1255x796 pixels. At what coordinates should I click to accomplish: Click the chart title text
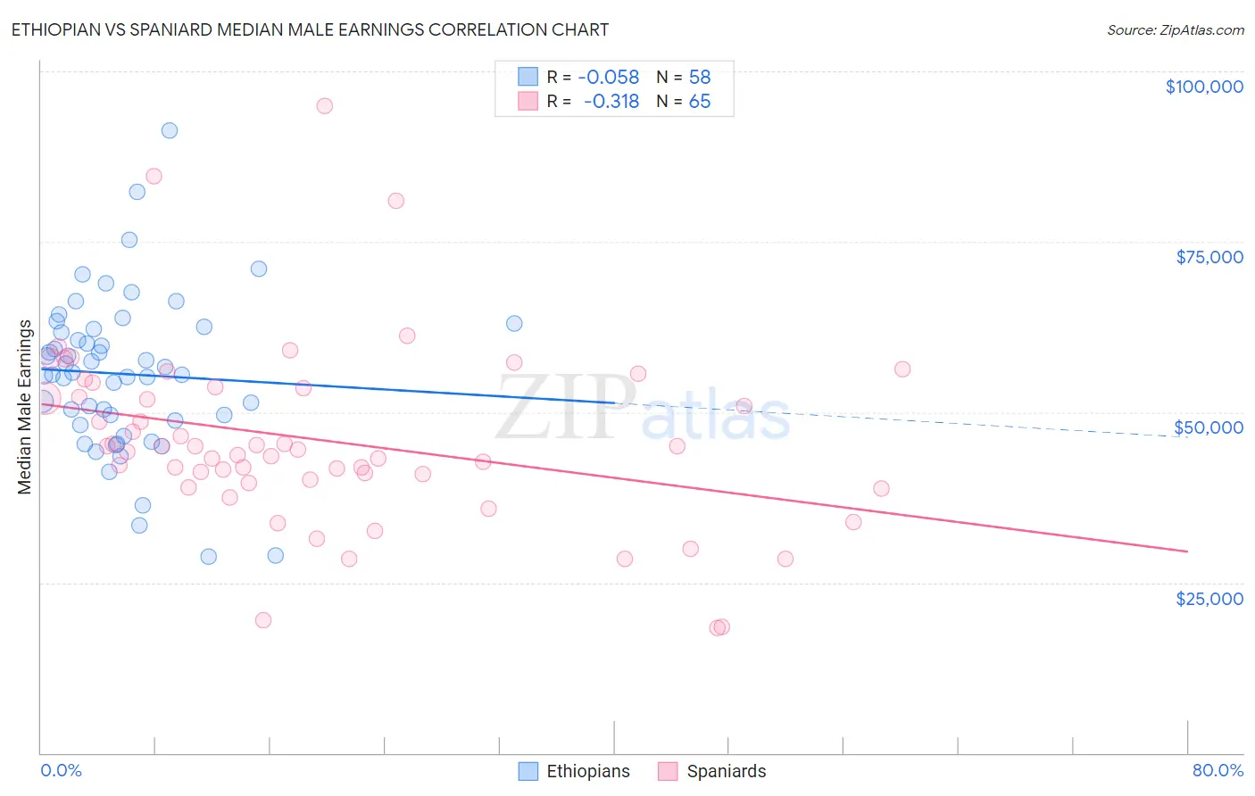pos(310,29)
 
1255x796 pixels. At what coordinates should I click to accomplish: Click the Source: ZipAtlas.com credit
pos(1175,29)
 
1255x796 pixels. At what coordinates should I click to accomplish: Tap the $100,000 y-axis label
pos(1203,87)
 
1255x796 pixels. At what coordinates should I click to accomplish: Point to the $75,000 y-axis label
pos(1209,257)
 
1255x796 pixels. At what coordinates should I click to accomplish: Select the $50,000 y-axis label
pos(1208,427)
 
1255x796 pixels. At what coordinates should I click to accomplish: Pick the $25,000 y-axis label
pos(1209,599)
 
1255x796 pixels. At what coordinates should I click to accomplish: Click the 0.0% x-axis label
pos(61,770)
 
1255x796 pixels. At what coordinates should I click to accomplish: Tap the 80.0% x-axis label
pos(1218,770)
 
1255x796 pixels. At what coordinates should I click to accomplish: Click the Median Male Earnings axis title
pos(25,406)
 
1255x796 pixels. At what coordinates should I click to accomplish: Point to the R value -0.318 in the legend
pos(612,102)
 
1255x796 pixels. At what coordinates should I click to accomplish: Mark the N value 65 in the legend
pos(700,102)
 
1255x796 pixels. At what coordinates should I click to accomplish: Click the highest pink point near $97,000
pos(324,106)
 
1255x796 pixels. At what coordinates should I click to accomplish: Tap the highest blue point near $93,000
pos(169,130)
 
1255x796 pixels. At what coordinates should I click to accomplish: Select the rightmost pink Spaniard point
pos(902,369)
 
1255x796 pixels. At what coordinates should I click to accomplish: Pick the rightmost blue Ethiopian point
pos(514,324)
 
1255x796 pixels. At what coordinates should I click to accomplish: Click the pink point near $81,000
pos(395,201)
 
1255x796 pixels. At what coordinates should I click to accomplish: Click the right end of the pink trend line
pos(1187,551)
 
